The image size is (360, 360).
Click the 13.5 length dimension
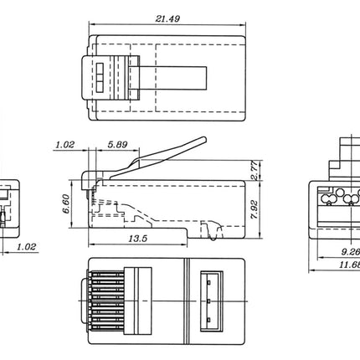[x=139, y=239]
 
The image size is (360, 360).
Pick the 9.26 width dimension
[x=350, y=249]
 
